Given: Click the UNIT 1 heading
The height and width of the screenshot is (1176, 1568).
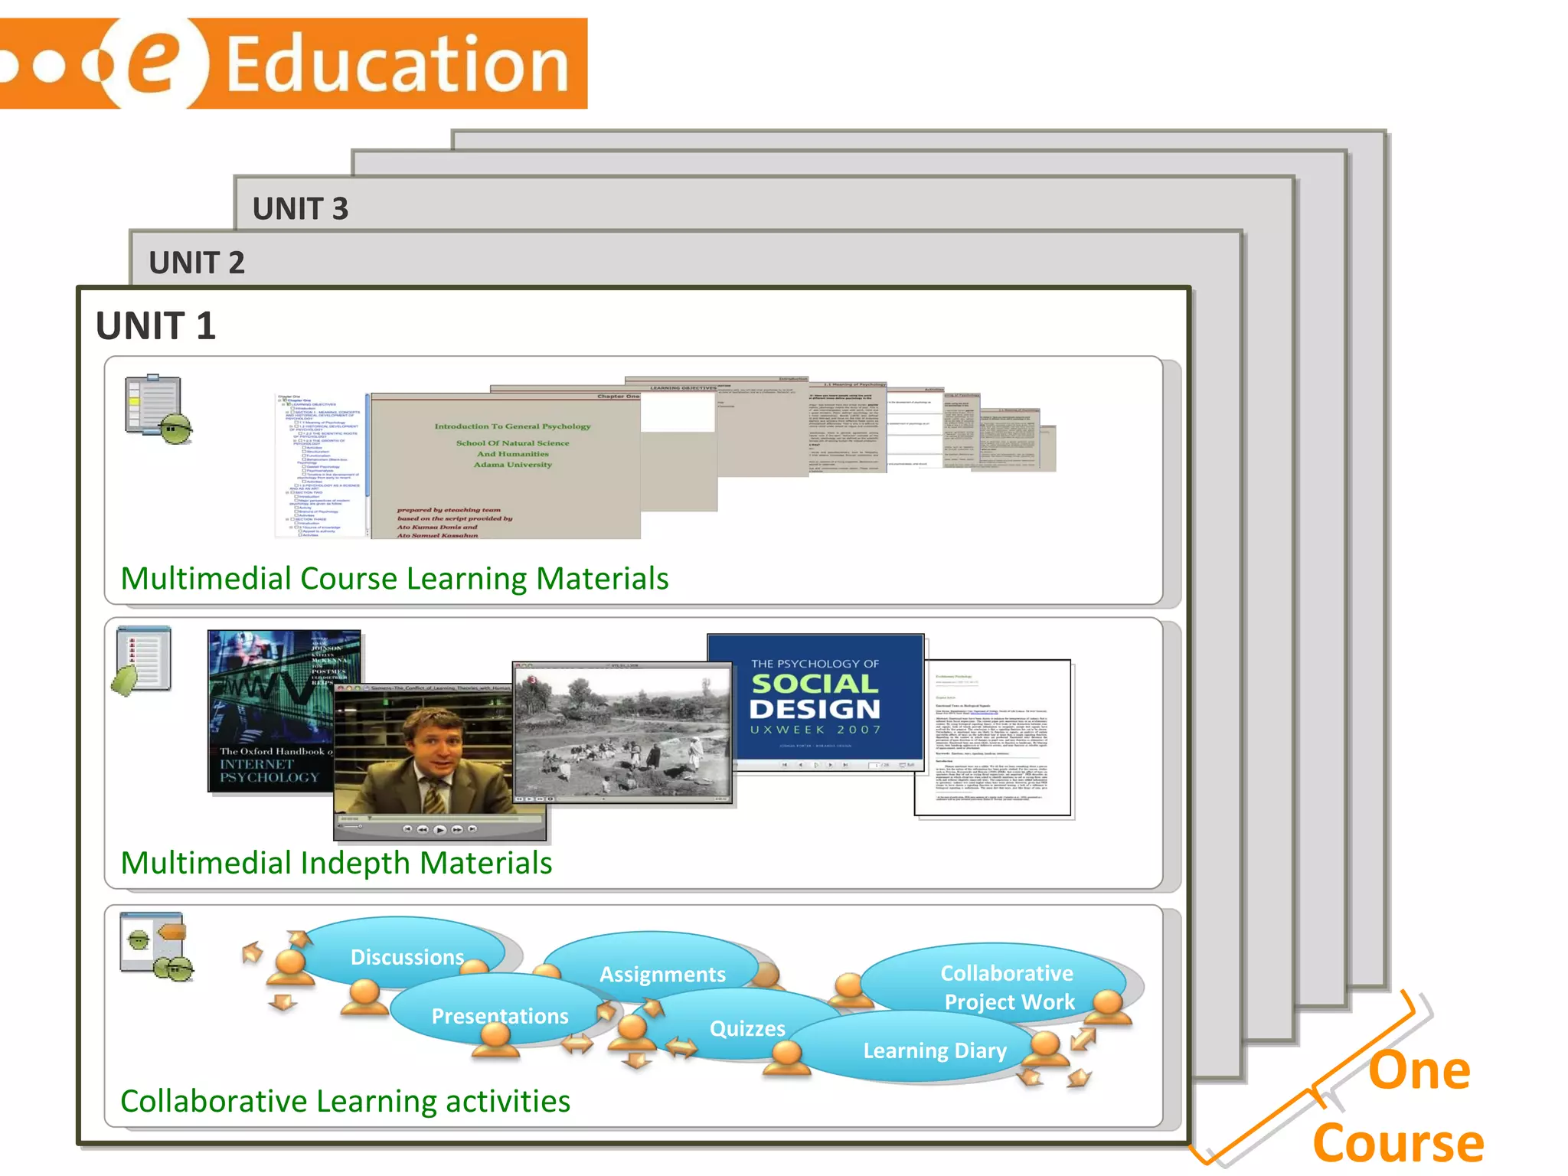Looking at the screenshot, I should click(155, 326).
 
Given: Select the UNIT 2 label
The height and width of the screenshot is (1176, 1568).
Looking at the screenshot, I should click(197, 263).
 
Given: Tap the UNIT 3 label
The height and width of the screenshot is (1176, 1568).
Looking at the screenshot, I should click(300, 209).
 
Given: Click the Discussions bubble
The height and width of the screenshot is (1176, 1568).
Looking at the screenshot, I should click(407, 957).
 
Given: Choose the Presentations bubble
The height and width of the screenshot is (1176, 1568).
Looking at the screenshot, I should click(499, 1016).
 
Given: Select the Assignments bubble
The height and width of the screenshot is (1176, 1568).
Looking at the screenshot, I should click(662, 974).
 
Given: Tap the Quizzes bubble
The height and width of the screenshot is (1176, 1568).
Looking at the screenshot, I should click(747, 1028).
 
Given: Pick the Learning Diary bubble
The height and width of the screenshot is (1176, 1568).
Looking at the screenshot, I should click(935, 1050).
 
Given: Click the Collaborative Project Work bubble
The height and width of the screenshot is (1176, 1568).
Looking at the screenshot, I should click(1008, 987).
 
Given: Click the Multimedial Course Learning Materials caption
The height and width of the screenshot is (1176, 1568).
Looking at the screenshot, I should click(394, 579).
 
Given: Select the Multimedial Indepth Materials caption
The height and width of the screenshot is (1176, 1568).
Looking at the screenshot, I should click(336, 863).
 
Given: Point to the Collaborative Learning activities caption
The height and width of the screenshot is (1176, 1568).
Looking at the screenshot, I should click(345, 1101).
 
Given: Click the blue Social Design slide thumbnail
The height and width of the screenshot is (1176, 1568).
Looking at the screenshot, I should click(815, 697).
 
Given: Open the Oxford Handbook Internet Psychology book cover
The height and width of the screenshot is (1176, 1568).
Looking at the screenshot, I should click(269, 712).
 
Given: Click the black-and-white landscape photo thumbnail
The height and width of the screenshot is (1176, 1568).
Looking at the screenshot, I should click(622, 731).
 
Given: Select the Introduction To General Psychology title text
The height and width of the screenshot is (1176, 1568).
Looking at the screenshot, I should click(512, 426).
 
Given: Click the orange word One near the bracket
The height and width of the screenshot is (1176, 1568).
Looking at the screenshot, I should click(1419, 1070).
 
